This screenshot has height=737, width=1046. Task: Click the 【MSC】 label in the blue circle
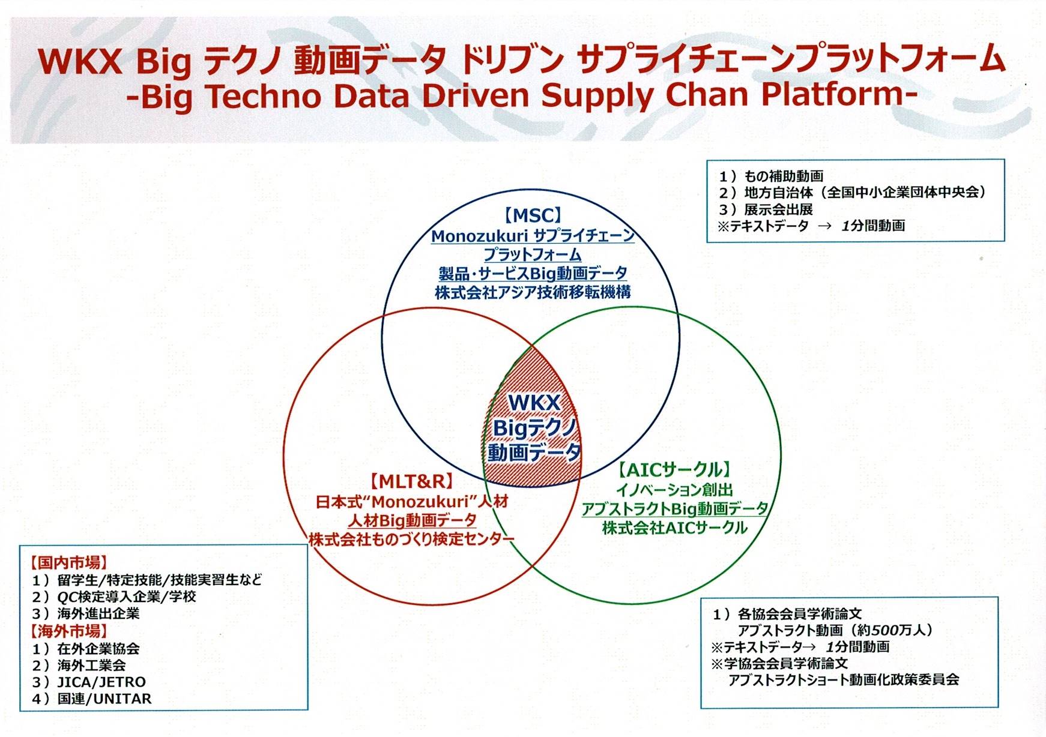tap(533, 215)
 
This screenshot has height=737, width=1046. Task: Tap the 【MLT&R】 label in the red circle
tap(411, 481)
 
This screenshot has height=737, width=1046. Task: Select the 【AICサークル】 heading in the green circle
tap(675, 469)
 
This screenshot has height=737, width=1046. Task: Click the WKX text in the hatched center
tap(534, 403)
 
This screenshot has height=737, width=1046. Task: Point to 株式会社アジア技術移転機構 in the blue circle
tap(533, 293)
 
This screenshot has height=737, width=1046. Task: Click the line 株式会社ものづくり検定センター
tap(411, 539)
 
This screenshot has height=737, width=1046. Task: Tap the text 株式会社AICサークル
tap(675, 528)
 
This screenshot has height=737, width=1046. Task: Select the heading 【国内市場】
tap(68, 563)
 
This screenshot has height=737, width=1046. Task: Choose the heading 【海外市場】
tap(68, 631)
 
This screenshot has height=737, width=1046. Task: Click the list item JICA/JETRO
tap(101, 682)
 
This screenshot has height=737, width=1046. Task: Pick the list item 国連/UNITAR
tap(104, 699)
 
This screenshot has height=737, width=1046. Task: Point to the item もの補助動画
tap(784, 176)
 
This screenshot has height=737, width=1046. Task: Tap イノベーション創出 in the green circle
tap(674, 490)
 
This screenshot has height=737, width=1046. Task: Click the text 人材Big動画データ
tap(412, 520)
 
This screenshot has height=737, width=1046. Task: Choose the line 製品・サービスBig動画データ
tap(533, 274)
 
